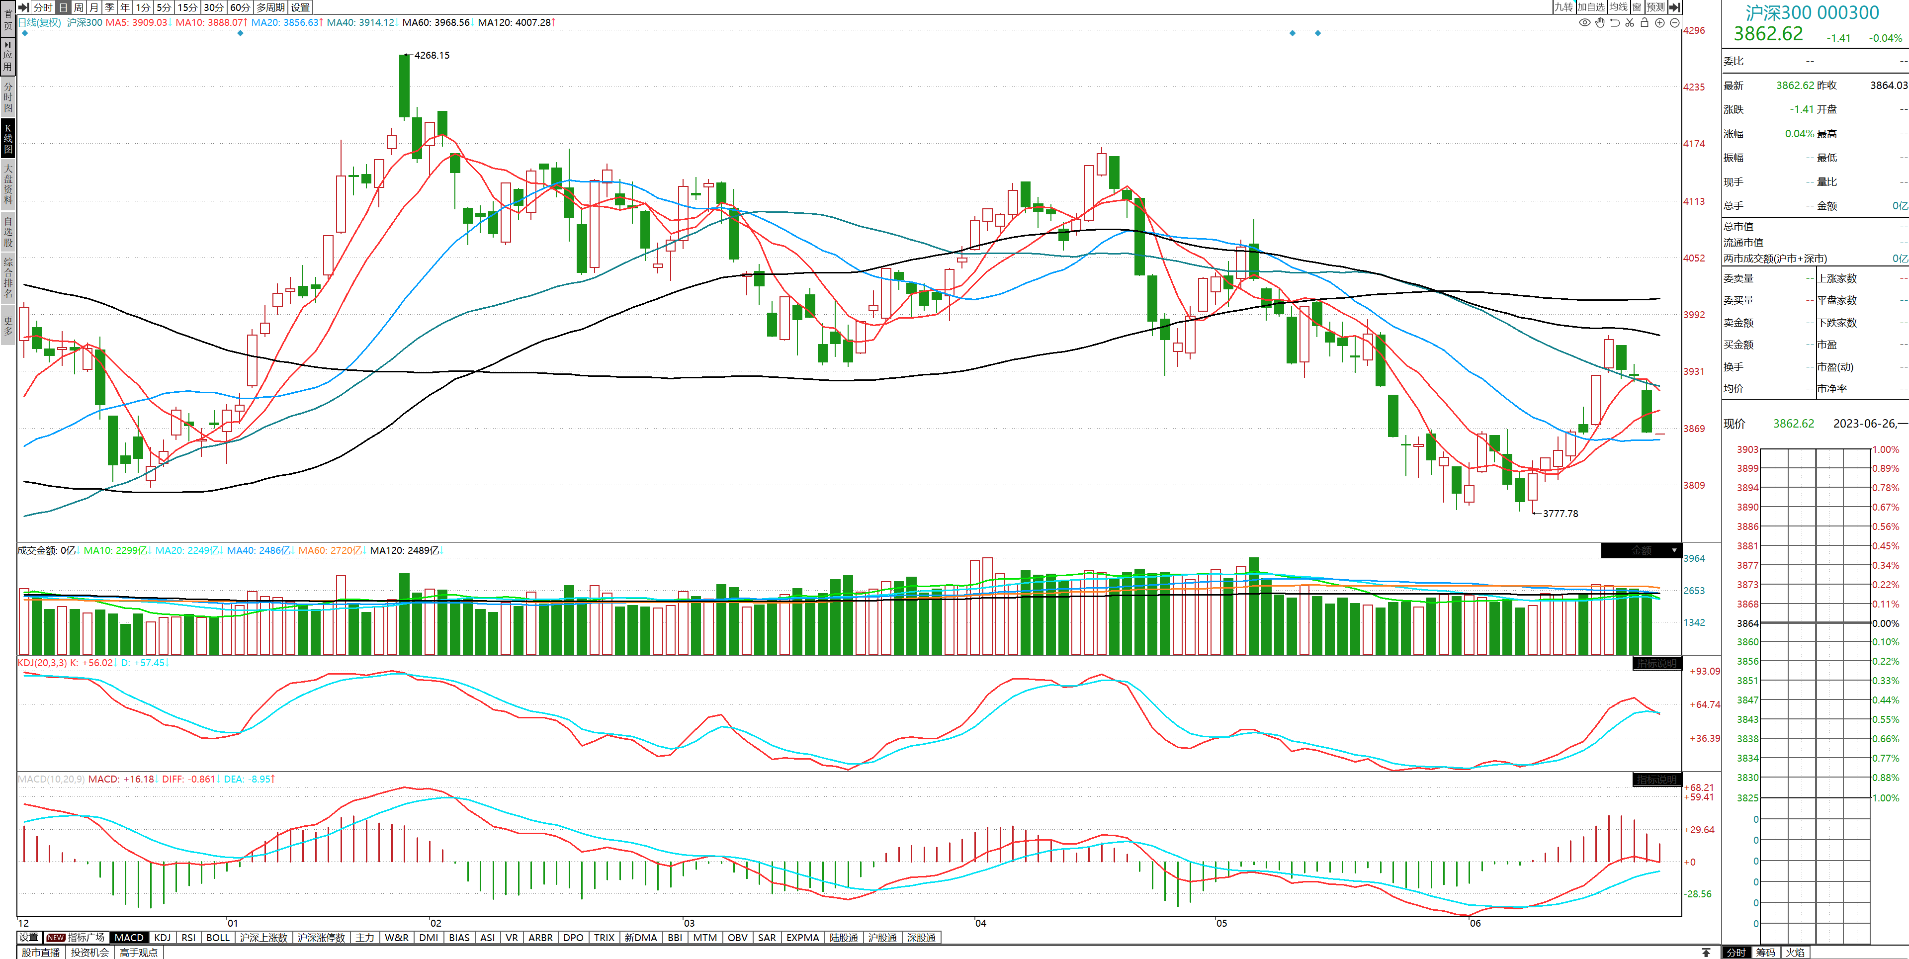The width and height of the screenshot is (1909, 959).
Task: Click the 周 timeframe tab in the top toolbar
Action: pos(79,7)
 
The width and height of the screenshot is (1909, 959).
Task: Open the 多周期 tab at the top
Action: pos(270,7)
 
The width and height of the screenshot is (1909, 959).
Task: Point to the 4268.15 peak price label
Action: pos(432,56)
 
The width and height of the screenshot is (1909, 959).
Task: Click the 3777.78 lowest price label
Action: pos(1560,514)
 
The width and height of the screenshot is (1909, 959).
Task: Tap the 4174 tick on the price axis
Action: pos(1694,144)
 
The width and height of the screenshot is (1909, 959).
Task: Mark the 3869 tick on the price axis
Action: pos(1694,429)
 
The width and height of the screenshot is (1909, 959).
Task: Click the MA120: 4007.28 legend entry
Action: pos(515,22)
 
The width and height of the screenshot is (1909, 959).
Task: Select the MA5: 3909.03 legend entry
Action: pos(136,22)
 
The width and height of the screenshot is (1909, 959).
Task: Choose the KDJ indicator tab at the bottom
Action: pos(162,938)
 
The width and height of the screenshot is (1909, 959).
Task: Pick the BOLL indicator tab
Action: pos(218,938)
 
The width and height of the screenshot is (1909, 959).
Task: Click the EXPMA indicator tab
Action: pos(802,938)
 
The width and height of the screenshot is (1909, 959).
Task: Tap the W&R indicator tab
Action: pos(397,938)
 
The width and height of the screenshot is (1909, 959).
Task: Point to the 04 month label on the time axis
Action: pos(980,923)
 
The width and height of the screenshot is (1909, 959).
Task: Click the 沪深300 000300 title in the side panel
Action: pos(1812,12)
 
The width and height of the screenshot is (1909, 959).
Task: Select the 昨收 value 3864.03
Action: pos(1888,85)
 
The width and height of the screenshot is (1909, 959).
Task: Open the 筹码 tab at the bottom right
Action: pos(1765,953)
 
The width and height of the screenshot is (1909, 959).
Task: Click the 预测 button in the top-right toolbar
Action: pos(1655,7)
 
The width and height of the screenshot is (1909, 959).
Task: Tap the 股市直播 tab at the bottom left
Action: pos(41,953)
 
